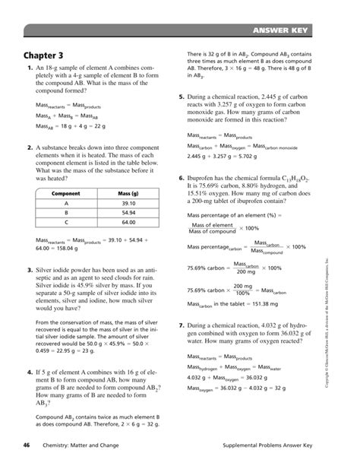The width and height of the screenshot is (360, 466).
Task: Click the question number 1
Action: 28,69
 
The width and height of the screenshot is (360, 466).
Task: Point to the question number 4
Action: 28,372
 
